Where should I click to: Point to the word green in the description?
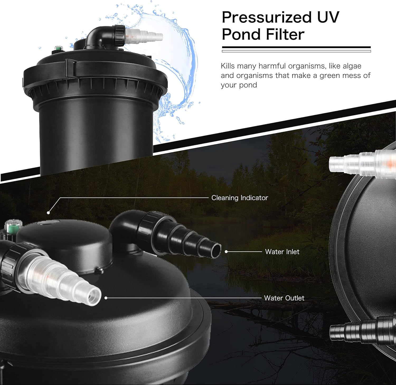330,76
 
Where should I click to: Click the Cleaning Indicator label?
240,198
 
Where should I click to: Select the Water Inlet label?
282,252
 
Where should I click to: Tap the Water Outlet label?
284,298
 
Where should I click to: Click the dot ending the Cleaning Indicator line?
48,213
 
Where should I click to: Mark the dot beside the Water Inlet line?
226,252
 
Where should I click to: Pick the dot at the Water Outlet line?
106,298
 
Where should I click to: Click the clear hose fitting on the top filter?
143,36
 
